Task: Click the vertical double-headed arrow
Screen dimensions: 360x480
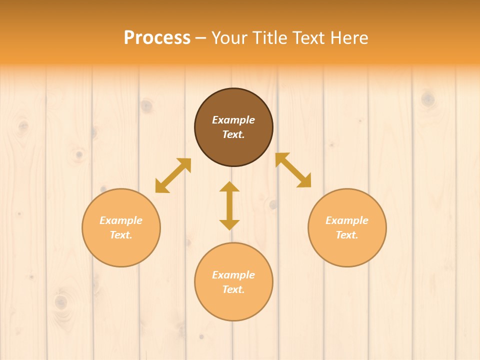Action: [x=229, y=205]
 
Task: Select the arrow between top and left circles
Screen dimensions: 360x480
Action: [x=173, y=175]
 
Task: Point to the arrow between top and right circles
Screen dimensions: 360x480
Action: [x=293, y=170]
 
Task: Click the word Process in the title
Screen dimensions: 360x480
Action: [x=157, y=37]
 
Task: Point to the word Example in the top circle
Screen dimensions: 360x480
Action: [x=233, y=120]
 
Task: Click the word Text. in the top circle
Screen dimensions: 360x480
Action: [x=233, y=134]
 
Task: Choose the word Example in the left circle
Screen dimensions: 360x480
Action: [x=121, y=220]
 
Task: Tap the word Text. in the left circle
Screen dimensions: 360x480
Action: [x=121, y=235]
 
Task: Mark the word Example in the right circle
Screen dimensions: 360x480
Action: [x=347, y=220]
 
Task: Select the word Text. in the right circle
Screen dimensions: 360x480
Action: [x=347, y=235]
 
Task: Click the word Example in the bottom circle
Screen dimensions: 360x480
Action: [x=233, y=275]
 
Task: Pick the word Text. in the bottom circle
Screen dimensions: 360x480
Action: [x=233, y=289]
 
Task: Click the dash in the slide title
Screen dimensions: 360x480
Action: [x=200, y=38]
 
